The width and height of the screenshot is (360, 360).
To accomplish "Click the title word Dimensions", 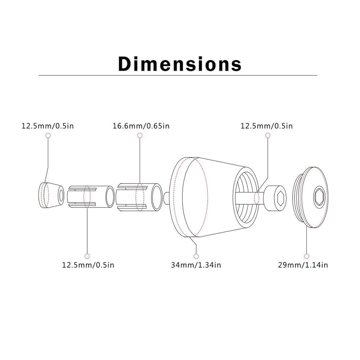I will [x=180, y=64].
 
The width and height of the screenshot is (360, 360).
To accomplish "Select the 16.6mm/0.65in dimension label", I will [x=141, y=126].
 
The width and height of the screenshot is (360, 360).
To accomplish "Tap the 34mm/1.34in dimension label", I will [x=196, y=265].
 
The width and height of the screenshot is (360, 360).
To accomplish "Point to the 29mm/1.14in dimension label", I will [x=303, y=265].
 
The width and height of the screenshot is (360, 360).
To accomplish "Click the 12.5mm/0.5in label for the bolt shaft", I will [x=267, y=126].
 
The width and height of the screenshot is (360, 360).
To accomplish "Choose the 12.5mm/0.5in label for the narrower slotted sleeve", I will [x=88, y=265].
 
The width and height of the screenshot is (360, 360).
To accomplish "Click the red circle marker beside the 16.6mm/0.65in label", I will [x=140, y=135].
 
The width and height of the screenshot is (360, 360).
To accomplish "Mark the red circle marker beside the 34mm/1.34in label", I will [x=196, y=256].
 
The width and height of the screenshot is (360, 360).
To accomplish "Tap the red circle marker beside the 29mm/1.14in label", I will [x=306, y=256].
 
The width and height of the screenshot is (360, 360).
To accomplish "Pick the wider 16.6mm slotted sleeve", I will [x=139, y=197].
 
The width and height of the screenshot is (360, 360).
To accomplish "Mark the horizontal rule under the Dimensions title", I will [x=177, y=75].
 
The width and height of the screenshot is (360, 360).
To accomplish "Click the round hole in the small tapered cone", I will [x=61, y=195].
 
